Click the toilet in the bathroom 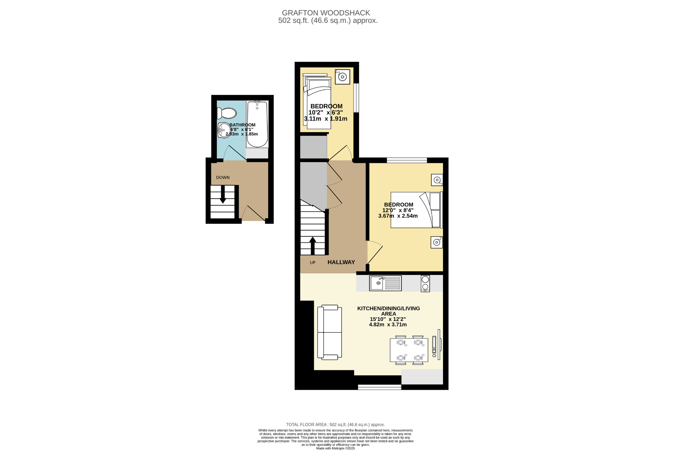[x=227, y=113]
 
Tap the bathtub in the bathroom [x=257, y=124]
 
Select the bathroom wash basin [x=224, y=130]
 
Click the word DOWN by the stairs [x=223, y=177]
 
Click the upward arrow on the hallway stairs [x=313, y=246]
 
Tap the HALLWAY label [x=341, y=262]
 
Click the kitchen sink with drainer [x=385, y=283]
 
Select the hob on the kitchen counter [x=425, y=283]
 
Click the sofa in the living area [x=330, y=332]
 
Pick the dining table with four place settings [x=409, y=350]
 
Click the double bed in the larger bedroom [x=417, y=210]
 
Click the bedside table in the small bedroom [x=342, y=76]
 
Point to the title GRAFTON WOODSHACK [x=326, y=13]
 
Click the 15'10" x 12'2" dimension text [x=388, y=319]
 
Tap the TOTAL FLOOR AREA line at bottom [x=336, y=425]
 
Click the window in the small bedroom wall [x=356, y=98]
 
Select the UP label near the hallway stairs [x=313, y=263]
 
